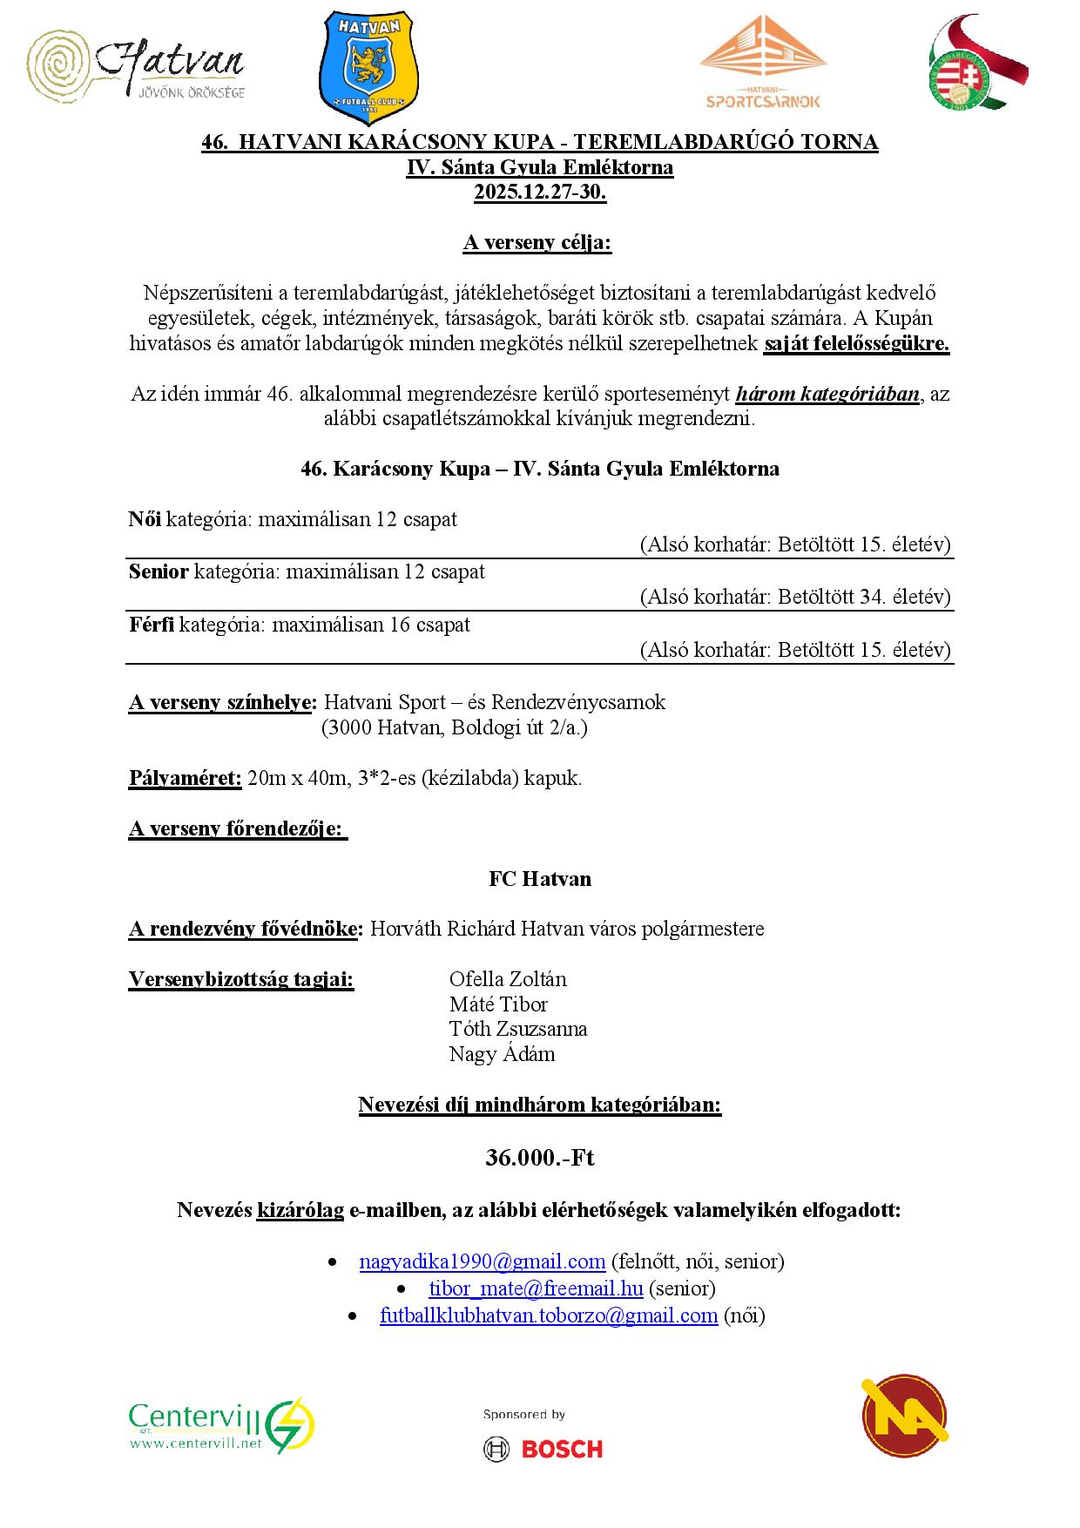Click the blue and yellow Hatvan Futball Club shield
pos(369,69)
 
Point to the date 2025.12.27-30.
pos(540,193)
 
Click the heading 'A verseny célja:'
pos(537,243)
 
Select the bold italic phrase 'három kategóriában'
pos(827,394)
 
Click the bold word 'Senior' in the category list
pos(159,572)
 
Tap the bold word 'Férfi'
pos(152,625)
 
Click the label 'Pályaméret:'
pos(185,778)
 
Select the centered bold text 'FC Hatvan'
pos(540,879)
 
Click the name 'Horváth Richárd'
pos(442,929)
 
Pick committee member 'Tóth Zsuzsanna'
pos(518,1029)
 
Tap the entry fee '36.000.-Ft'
pos(540,1158)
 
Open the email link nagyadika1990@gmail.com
pos(482,1261)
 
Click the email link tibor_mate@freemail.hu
pos(536,1288)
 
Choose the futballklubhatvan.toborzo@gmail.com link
pos(549,1315)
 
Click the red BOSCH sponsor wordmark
pos(562,1449)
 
